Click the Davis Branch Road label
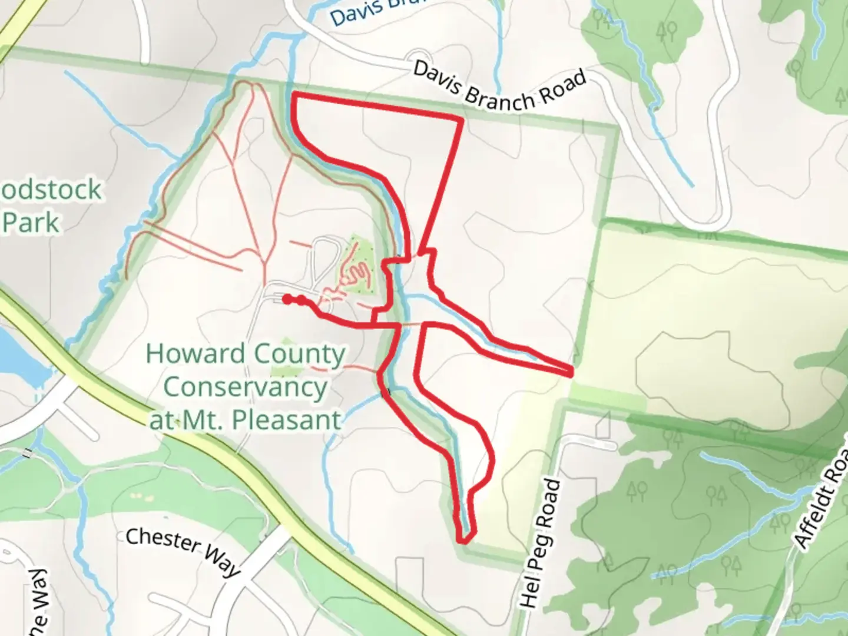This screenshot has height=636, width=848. point(499,87)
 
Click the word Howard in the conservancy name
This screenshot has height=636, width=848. point(195,354)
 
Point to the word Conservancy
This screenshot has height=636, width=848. point(245,387)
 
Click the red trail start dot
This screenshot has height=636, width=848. point(286,300)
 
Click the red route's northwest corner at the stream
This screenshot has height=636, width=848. point(294,95)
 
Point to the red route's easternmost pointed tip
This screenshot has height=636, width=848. point(571,372)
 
